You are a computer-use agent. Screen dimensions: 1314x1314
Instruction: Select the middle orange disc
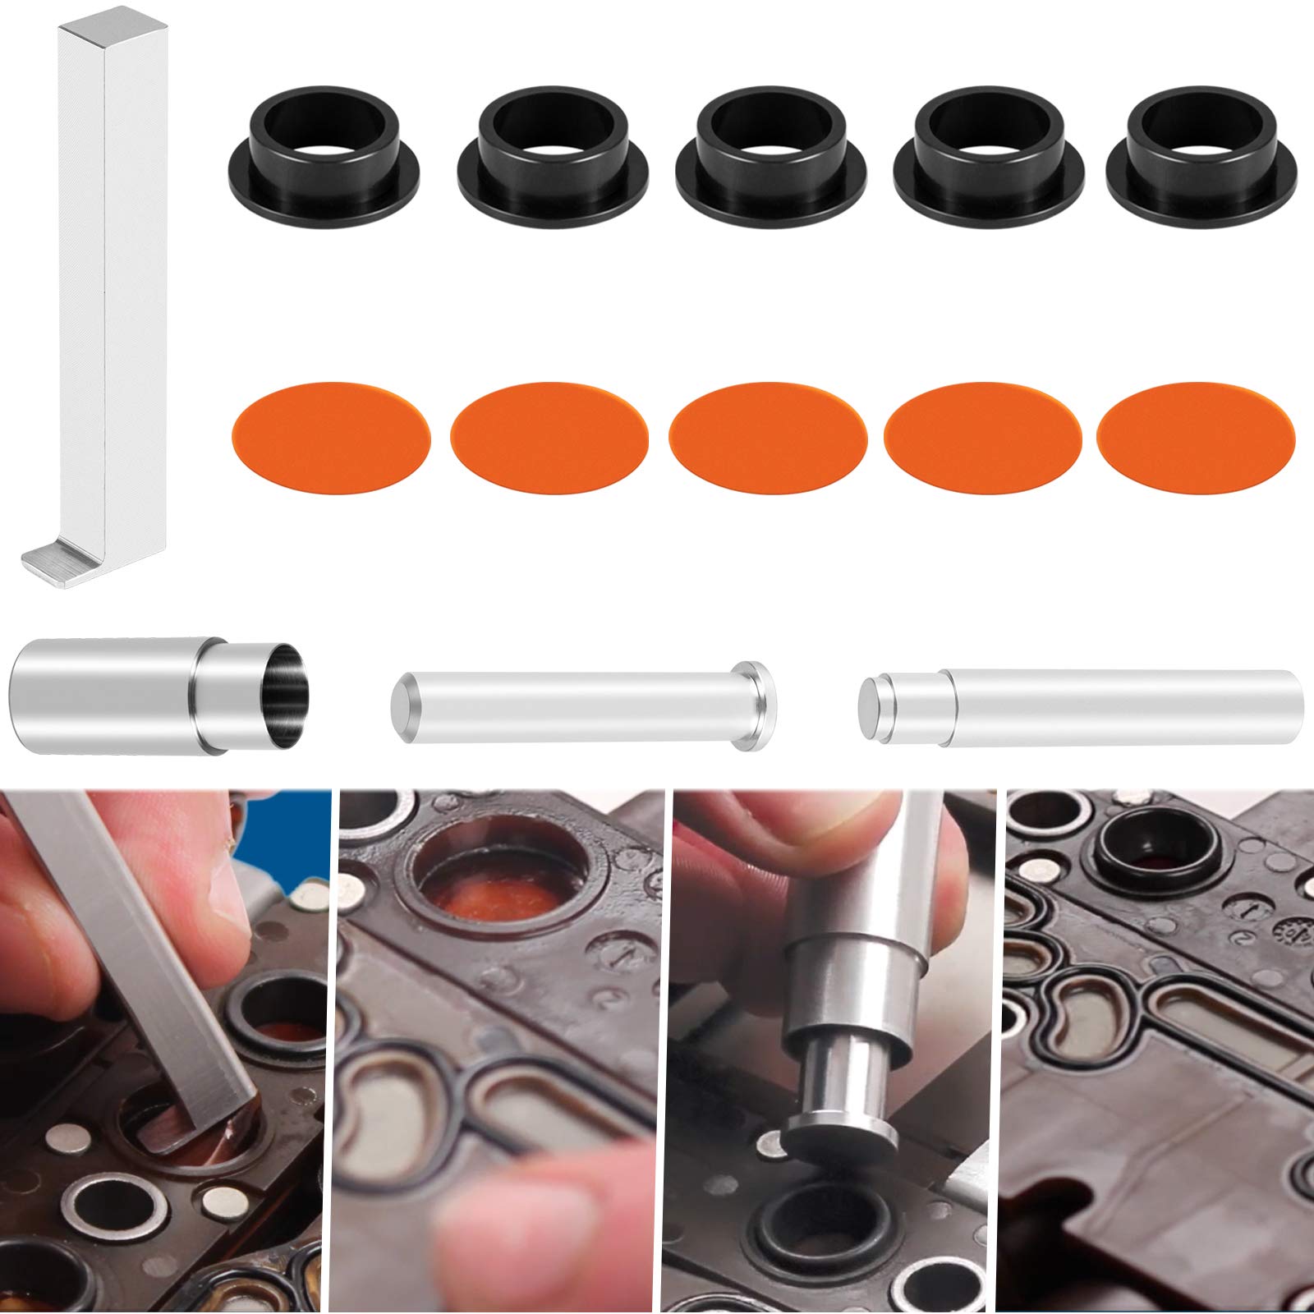pyautogui.click(x=768, y=436)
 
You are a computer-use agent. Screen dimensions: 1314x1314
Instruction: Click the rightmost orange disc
pyautogui.click(x=1195, y=436)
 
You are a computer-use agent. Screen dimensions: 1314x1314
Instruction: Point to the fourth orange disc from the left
pyautogui.click(x=982, y=436)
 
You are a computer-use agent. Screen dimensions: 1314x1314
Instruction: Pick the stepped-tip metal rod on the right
pyautogui.click(x=1084, y=706)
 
